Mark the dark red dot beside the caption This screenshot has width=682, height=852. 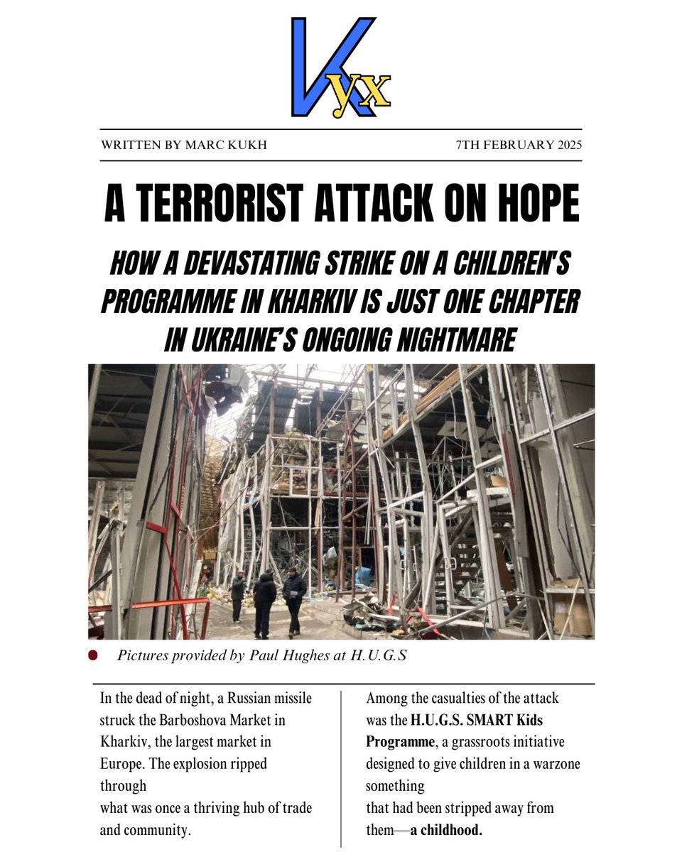[92, 655]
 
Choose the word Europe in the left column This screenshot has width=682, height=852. [122, 765]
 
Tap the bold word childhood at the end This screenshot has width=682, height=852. [450, 829]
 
